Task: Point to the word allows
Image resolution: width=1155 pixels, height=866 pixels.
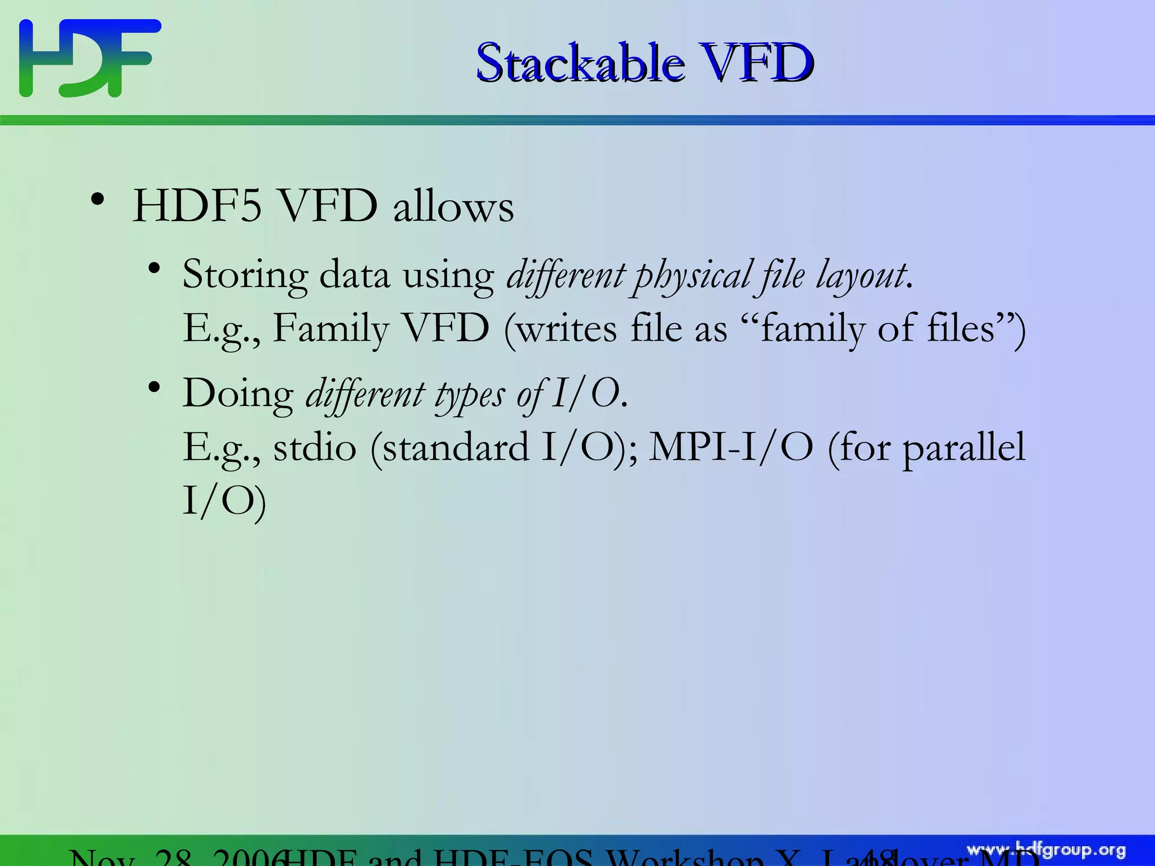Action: click(453, 207)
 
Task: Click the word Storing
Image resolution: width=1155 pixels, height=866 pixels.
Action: click(245, 275)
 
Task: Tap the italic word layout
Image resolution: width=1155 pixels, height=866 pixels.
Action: click(861, 275)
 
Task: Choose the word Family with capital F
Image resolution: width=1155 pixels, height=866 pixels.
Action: click(331, 329)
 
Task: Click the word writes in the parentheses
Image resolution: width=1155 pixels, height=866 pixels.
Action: click(566, 329)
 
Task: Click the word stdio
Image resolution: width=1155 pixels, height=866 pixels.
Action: click(315, 447)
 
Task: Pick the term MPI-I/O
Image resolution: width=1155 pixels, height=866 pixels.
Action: click(731, 447)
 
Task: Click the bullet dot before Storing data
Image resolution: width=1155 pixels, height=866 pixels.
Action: click(153, 269)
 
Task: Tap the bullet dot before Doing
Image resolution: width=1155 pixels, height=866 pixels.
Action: click(153, 387)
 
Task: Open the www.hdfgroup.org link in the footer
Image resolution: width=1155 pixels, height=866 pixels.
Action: click(1046, 850)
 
